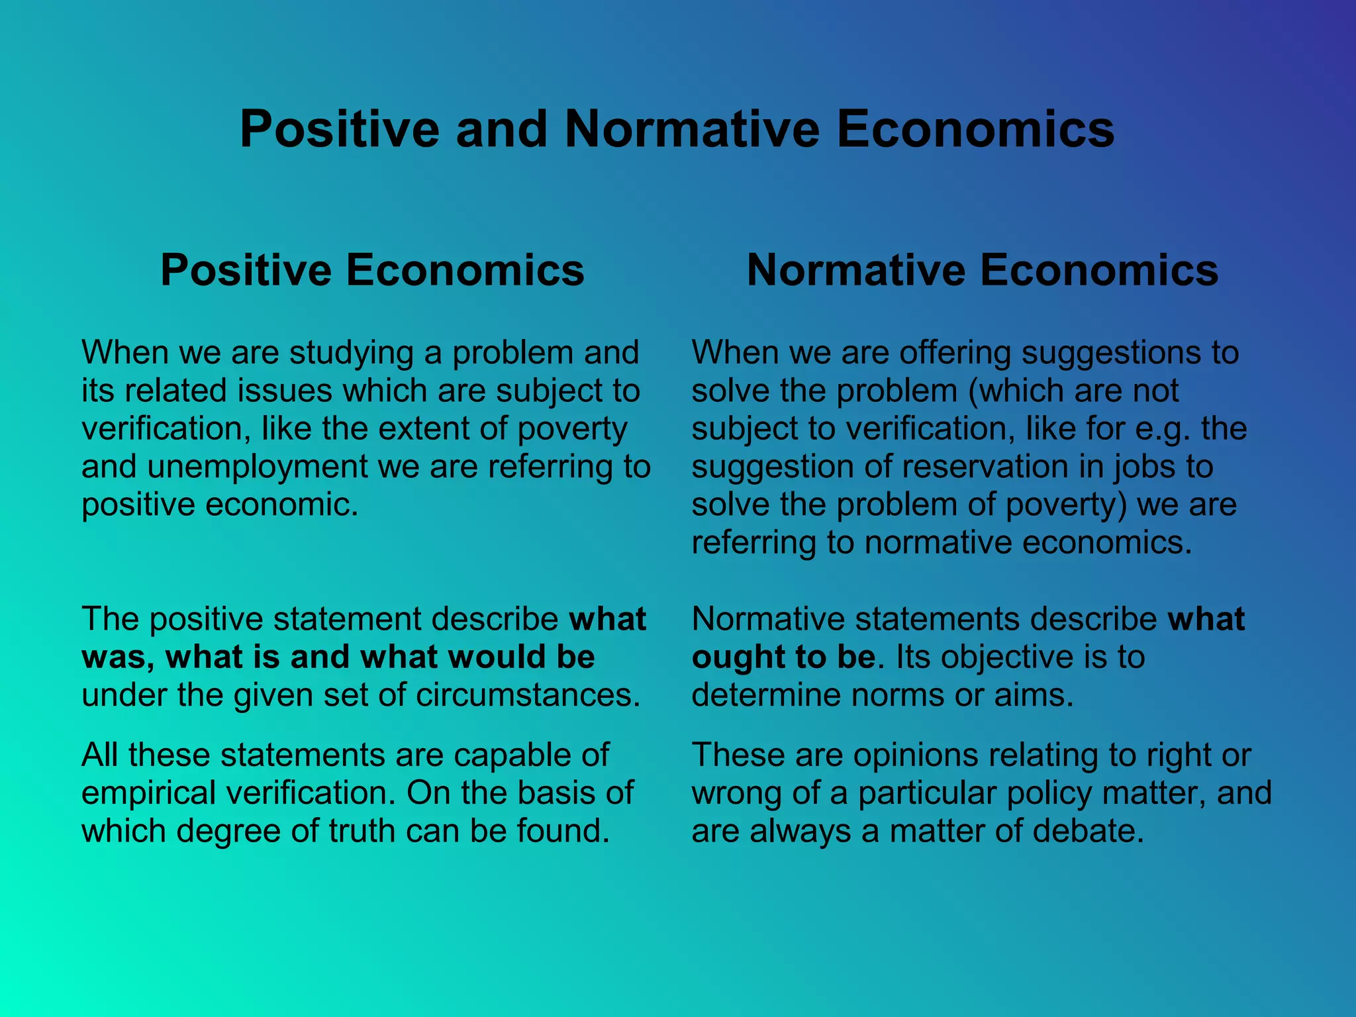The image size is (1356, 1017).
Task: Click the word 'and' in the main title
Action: (x=501, y=128)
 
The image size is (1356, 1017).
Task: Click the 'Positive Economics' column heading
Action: (x=372, y=270)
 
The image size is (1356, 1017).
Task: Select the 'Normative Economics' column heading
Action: (x=982, y=270)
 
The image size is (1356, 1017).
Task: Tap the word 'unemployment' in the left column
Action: (x=257, y=466)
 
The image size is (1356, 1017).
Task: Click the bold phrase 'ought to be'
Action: (x=783, y=657)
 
